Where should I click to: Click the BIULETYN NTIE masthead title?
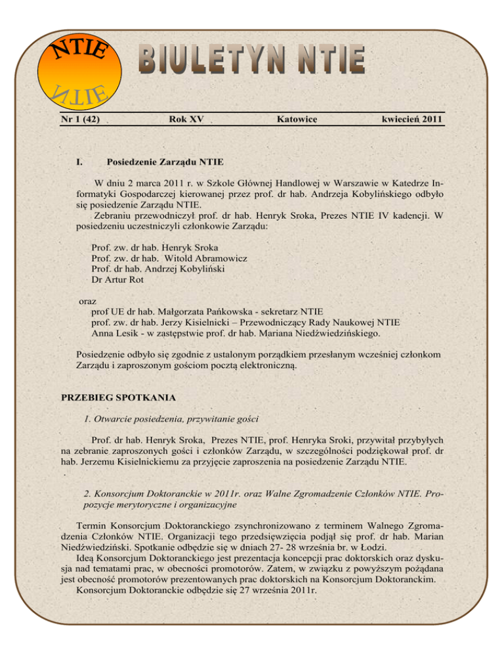click(x=251, y=58)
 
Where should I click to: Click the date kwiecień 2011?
click(x=406, y=119)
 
